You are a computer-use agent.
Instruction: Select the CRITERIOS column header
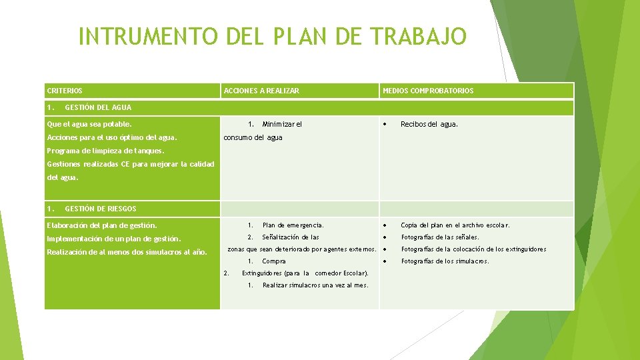coord(65,91)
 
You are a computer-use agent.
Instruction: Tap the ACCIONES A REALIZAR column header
coord(261,91)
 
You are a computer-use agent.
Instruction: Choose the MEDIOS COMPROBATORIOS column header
coord(428,91)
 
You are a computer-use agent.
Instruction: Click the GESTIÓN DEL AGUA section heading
coord(98,107)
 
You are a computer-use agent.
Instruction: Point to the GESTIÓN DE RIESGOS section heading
coord(100,209)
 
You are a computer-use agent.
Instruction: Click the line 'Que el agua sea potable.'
coord(89,124)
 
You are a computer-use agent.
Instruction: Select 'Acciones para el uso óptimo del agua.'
coord(112,137)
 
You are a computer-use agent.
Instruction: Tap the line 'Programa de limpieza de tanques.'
coord(105,151)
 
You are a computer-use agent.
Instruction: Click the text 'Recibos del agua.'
coord(429,124)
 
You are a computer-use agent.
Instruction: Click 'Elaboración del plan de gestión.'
coord(102,225)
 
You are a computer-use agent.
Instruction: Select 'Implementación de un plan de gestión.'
coord(114,239)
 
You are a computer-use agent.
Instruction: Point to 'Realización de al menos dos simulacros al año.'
coord(127,252)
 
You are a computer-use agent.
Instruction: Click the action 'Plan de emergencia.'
coord(293,225)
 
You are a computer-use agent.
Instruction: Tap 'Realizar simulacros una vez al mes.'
coord(315,285)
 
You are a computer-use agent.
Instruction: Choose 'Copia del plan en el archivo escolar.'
coord(455,225)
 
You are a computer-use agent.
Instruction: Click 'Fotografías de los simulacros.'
coord(445,261)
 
